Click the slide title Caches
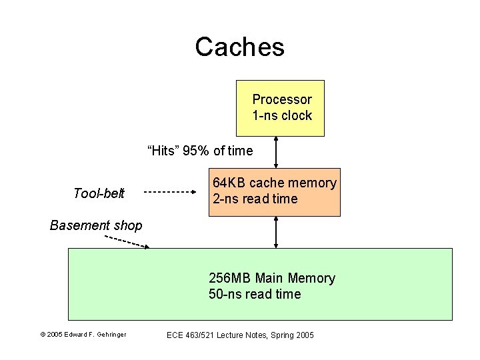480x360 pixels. (239, 47)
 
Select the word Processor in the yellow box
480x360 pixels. (281, 99)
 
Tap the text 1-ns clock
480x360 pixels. (281, 115)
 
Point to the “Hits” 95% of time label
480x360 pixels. (200, 151)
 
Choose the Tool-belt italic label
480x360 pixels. (99, 193)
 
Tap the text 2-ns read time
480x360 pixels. (255, 199)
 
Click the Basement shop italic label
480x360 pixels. (96, 225)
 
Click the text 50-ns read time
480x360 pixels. (255, 294)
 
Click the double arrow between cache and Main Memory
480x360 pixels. (275, 232)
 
